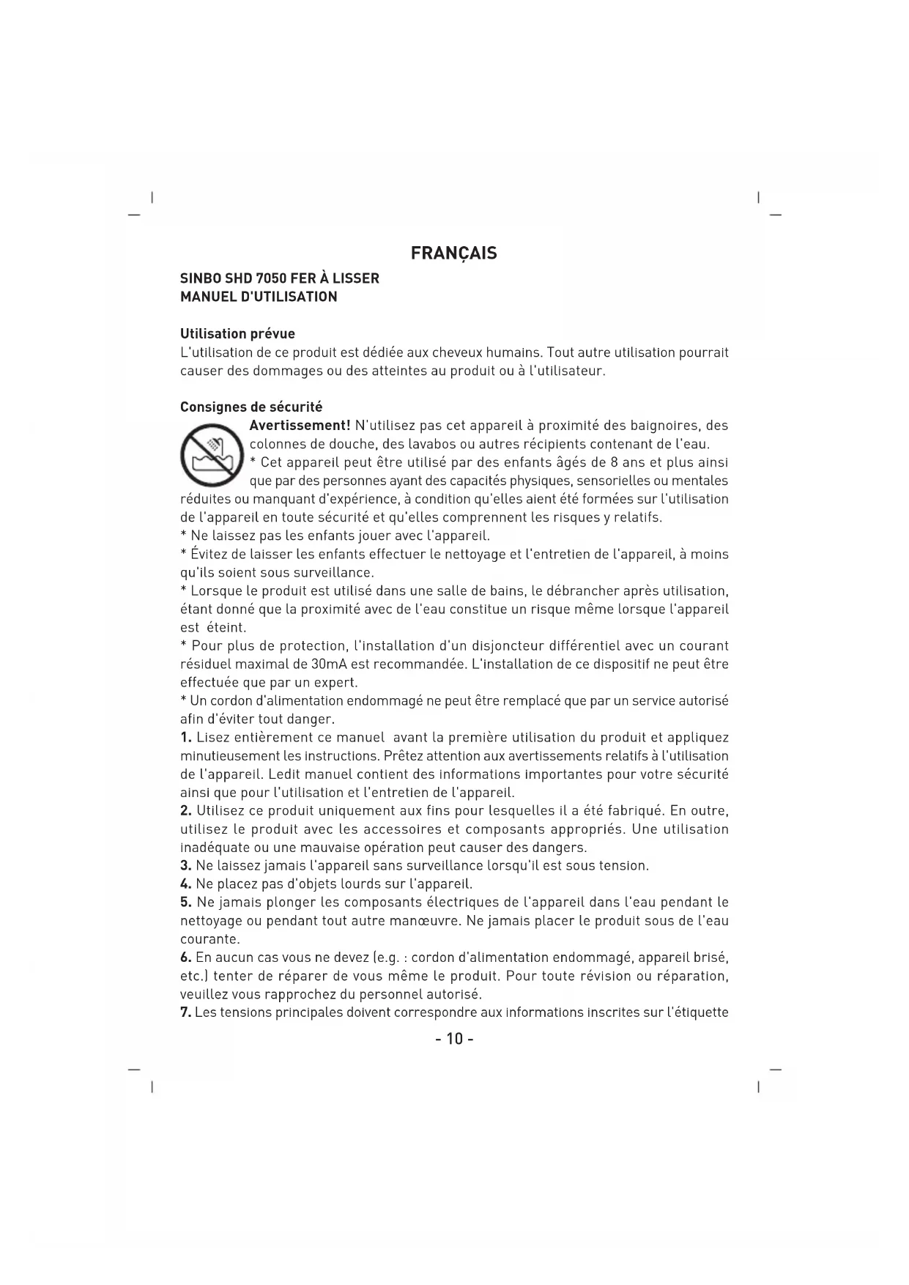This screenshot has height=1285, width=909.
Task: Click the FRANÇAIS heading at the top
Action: (453, 253)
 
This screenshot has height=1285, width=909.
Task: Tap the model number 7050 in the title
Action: (270, 278)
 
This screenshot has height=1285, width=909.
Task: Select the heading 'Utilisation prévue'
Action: (237, 334)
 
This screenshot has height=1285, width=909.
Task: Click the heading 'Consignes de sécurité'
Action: (251, 407)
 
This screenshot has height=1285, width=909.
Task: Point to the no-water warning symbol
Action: (212, 453)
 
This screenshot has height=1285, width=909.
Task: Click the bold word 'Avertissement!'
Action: (300, 426)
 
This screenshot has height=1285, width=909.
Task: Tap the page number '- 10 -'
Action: (454, 1039)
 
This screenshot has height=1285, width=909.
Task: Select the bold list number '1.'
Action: (186, 738)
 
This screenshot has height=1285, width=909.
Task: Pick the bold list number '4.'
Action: (186, 884)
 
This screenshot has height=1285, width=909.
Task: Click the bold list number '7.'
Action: (186, 1012)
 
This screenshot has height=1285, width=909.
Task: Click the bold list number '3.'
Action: (186, 866)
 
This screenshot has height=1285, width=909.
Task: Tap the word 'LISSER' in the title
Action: (356, 278)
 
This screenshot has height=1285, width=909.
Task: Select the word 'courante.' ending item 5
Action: (209, 939)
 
